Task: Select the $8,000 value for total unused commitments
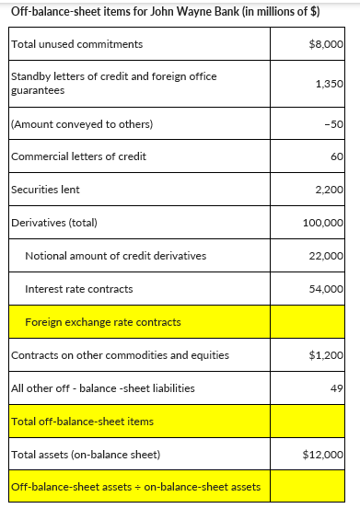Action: coord(328,44)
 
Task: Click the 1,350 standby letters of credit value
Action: coord(329,84)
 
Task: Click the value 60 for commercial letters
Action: coord(337,156)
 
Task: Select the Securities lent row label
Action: coord(45,190)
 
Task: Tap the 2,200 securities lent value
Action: coord(329,190)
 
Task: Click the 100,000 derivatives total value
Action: coord(323,223)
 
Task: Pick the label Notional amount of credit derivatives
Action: coord(115,255)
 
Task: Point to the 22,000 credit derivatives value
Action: coord(326,255)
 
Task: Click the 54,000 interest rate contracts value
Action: coord(326,289)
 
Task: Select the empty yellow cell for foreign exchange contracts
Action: coord(308,322)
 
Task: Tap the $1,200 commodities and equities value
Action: coord(328,355)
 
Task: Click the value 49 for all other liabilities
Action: coord(337,388)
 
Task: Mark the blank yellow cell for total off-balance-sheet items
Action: coord(308,421)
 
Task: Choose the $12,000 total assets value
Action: coord(324,454)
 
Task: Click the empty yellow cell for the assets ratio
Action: coord(308,487)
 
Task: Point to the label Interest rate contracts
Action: coord(78,289)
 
